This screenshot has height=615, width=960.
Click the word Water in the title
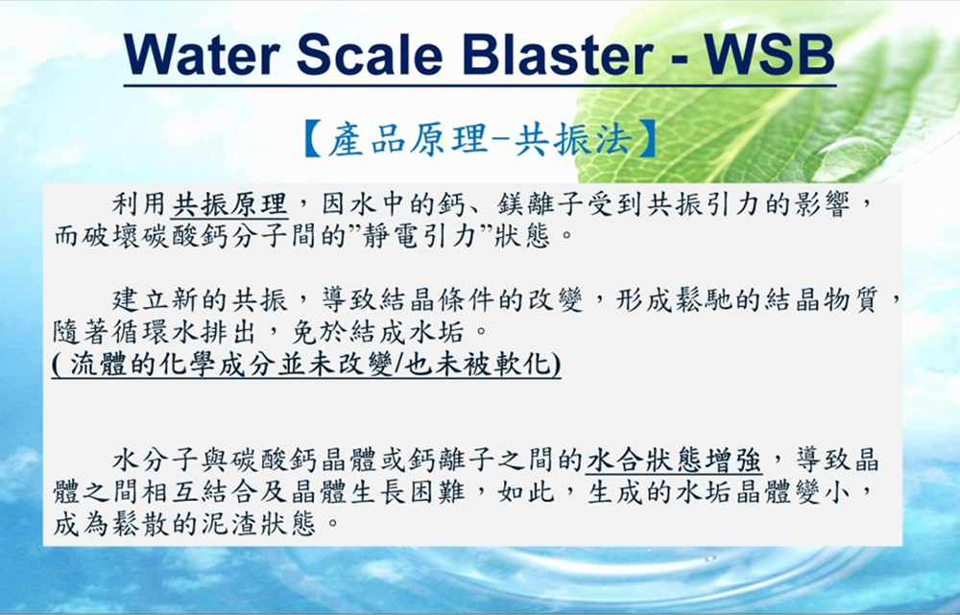(202, 54)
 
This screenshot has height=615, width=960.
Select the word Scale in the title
(370, 54)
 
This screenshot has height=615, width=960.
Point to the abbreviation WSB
(770, 54)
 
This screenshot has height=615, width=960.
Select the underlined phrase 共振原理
(229, 203)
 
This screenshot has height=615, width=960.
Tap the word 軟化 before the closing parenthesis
(523, 364)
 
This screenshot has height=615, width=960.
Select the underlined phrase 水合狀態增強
(674, 461)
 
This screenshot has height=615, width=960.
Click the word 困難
(439, 492)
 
